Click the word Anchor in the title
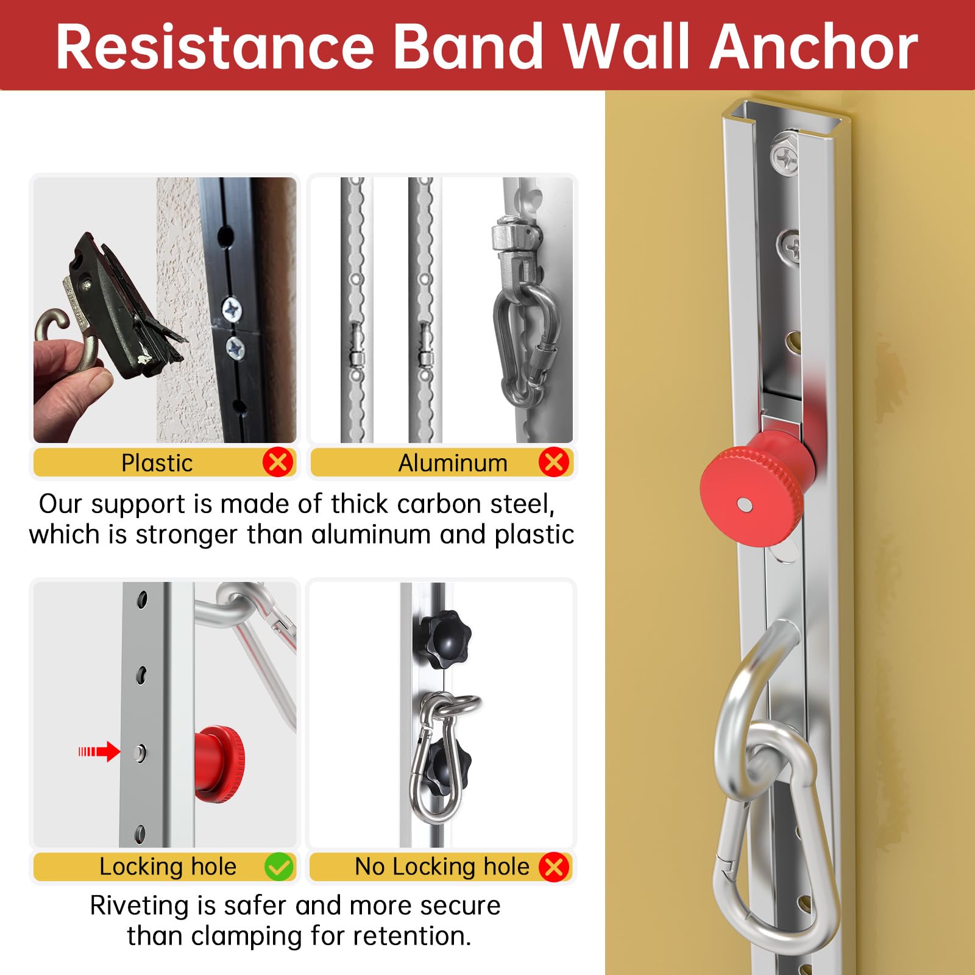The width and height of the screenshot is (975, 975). click(x=814, y=46)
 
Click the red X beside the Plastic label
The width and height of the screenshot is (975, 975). click(x=278, y=463)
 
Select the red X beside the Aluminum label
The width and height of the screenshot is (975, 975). click(x=554, y=463)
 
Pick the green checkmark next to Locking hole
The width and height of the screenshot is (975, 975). click(x=279, y=867)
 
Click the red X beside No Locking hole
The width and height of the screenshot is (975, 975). click(x=554, y=867)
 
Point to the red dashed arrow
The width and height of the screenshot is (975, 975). click(x=99, y=751)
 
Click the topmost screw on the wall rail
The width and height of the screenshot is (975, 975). click(x=785, y=158)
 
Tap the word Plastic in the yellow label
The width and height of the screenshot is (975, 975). click(x=157, y=463)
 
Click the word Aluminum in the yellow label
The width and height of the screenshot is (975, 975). click(x=453, y=463)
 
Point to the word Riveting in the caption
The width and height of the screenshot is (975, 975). click(x=140, y=906)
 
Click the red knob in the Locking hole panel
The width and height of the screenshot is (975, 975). click(x=219, y=764)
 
